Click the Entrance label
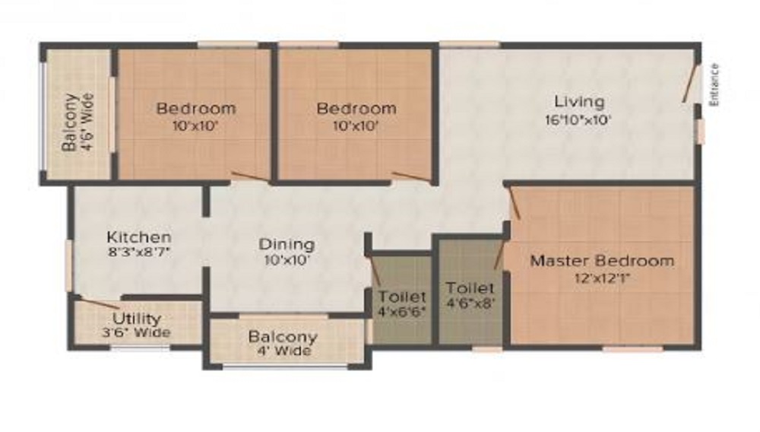pyautogui.click(x=714, y=85)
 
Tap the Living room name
pyautogui.click(x=579, y=103)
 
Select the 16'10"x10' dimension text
pyautogui.click(x=578, y=119)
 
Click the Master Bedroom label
pyautogui.click(x=602, y=261)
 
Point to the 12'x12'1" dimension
pyautogui.click(x=602, y=278)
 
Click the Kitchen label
pyautogui.click(x=139, y=237)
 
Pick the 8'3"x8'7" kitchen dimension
pyautogui.click(x=139, y=252)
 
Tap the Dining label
pyautogui.click(x=287, y=245)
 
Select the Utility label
pyautogui.click(x=137, y=319)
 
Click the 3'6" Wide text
pyautogui.click(x=136, y=332)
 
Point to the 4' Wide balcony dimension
pyautogui.click(x=284, y=351)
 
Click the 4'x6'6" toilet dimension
pyautogui.click(x=402, y=312)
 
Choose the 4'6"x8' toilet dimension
pyautogui.click(x=470, y=303)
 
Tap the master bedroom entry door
pyautogui.click(x=515, y=202)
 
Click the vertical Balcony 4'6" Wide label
pyautogui.click(x=78, y=122)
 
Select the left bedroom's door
pyautogui.click(x=249, y=176)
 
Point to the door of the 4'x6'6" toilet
pyautogui.click(x=375, y=270)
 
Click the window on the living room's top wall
pyautogui.click(x=470, y=45)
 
